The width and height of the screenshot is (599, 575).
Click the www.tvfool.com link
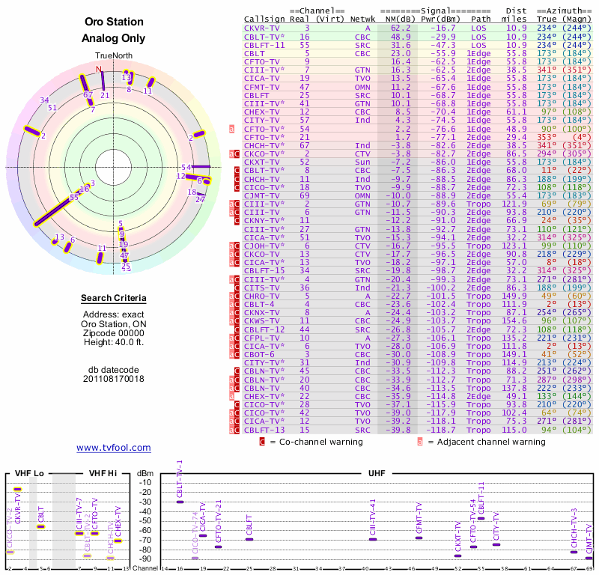(114, 448)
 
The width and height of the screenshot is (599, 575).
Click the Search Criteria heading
(114, 299)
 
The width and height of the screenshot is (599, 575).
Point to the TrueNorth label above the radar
(114, 56)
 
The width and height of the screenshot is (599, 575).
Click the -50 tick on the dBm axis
(146, 520)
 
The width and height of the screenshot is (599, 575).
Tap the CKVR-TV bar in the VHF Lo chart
(17, 489)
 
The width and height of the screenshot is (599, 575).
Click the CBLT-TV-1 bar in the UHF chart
(180, 501)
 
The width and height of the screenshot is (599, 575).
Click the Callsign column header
(264, 18)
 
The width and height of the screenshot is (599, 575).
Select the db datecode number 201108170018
(114, 379)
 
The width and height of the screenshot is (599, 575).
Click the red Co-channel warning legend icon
(262, 442)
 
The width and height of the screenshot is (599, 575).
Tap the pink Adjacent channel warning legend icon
(420, 442)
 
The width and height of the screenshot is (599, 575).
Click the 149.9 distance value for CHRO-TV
(514, 295)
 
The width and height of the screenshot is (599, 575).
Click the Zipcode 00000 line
(114, 333)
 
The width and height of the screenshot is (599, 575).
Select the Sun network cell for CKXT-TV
(362, 161)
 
